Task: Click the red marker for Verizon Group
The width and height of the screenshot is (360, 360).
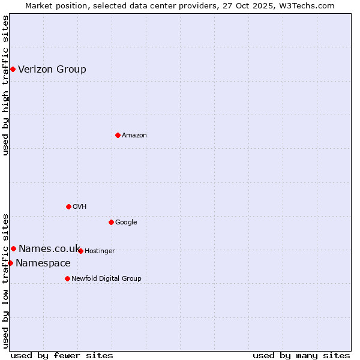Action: click(x=13, y=70)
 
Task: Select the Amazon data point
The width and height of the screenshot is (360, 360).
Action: click(x=118, y=135)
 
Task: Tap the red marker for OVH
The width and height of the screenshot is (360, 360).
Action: click(x=68, y=206)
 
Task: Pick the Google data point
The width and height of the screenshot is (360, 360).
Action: click(x=111, y=222)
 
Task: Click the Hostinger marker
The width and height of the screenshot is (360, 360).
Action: click(x=80, y=251)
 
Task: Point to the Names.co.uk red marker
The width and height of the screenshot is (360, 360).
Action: click(x=13, y=248)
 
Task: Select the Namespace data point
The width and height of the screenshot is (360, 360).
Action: click(x=10, y=263)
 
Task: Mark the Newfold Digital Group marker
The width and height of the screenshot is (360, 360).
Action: click(x=67, y=278)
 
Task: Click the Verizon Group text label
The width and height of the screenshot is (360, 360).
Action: click(x=52, y=70)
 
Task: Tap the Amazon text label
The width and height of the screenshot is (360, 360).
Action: click(x=134, y=136)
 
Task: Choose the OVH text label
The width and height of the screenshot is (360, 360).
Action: click(x=80, y=207)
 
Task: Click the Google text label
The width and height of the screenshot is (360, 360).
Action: click(x=126, y=223)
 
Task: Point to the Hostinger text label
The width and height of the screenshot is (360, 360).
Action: click(x=100, y=251)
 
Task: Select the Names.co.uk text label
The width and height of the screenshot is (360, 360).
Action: click(x=49, y=248)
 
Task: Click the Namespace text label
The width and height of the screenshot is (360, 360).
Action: click(x=43, y=263)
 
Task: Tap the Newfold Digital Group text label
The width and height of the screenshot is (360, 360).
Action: click(x=106, y=279)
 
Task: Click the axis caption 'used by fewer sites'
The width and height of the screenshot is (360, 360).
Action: click(x=62, y=355)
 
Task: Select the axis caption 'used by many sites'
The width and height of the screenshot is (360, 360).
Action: click(x=301, y=355)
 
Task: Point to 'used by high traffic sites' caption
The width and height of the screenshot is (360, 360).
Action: click(x=5, y=85)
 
